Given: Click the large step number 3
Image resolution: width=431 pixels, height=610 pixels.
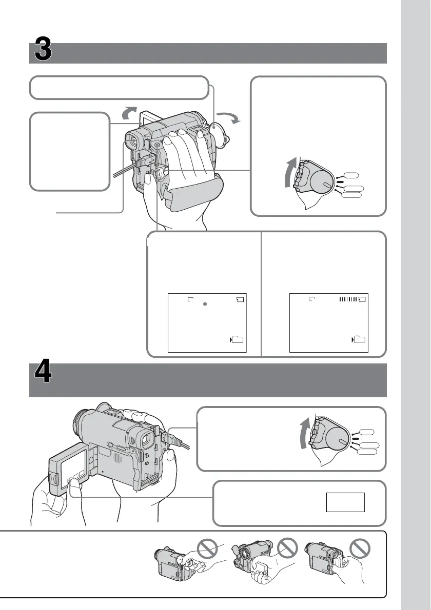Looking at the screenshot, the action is (43, 52).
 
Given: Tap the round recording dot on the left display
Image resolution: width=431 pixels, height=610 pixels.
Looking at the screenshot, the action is (205, 304).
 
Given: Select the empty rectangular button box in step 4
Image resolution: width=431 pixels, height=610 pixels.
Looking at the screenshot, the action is (345, 502).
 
